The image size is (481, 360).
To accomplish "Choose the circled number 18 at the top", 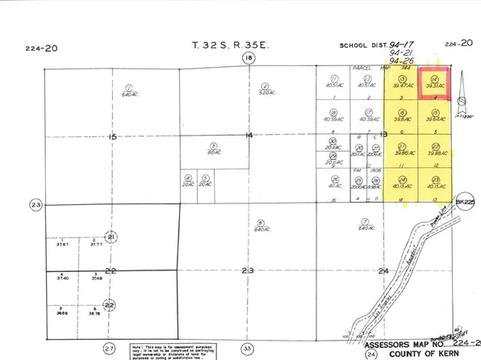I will [249, 59].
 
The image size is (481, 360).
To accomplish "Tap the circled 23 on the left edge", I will [35, 203].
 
